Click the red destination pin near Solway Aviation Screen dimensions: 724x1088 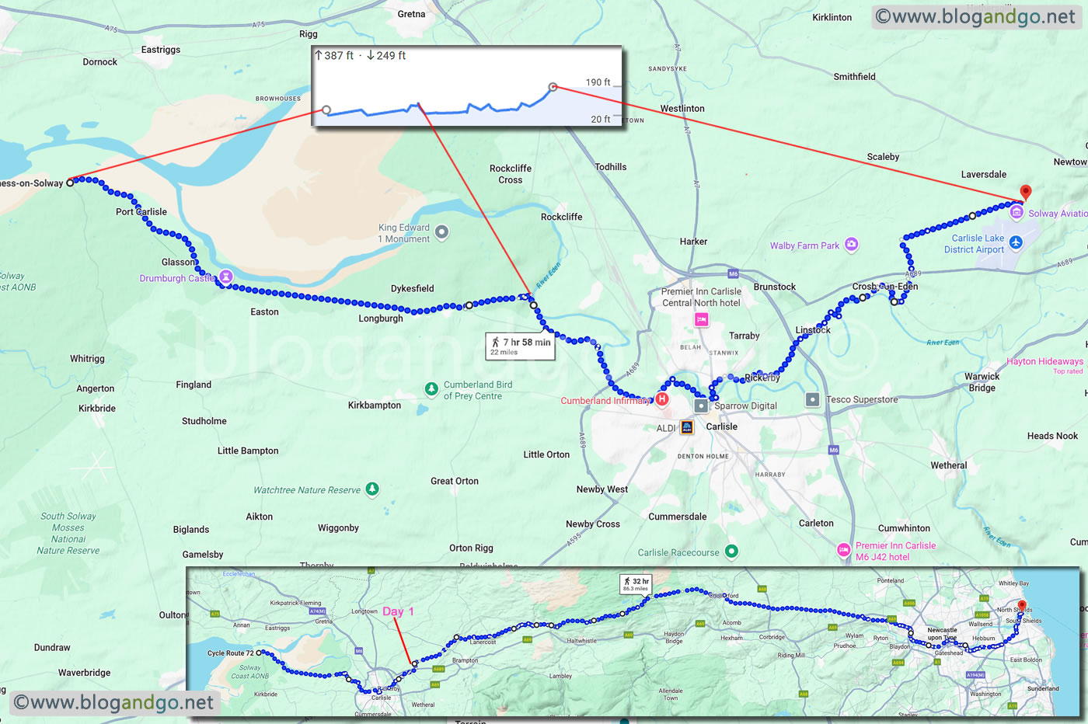click(x=1025, y=192)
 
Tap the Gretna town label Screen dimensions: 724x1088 click(x=411, y=14)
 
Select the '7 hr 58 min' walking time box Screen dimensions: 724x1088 click(x=520, y=346)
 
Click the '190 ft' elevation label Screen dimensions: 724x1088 click(x=598, y=82)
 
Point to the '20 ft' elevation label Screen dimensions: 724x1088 click(x=600, y=119)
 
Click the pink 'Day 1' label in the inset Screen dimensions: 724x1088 click(x=398, y=611)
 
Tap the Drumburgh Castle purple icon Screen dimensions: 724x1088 click(x=226, y=276)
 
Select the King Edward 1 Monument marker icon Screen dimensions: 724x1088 click(x=441, y=231)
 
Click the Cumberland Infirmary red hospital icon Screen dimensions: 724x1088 click(x=661, y=400)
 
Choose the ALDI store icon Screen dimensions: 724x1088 click(x=686, y=427)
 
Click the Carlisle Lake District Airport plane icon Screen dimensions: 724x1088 click(x=1015, y=243)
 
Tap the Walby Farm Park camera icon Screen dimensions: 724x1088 click(x=852, y=245)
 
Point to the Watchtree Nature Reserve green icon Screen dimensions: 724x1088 click(x=372, y=489)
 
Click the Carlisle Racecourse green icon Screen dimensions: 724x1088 click(x=731, y=552)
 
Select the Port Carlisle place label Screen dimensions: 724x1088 click(x=141, y=211)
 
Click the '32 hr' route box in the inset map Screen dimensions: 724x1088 click(x=635, y=583)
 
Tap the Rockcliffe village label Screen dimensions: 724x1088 click(x=561, y=217)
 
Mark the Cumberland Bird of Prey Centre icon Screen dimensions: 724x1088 click(x=431, y=389)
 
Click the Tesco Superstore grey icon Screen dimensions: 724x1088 click(x=812, y=399)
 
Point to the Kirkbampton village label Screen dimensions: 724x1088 click(x=375, y=405)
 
